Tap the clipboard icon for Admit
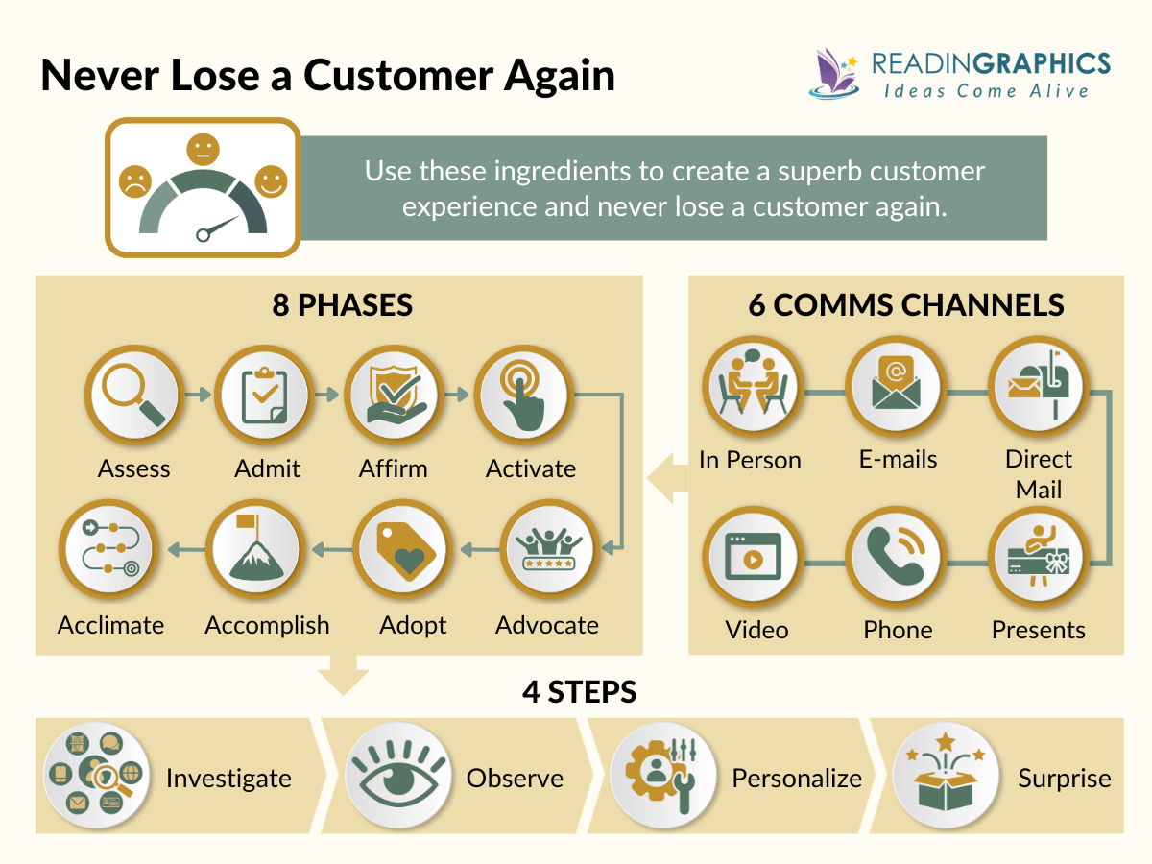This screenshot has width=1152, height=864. [x=262, y=395]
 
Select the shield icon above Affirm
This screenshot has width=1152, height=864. [x=393, y=395]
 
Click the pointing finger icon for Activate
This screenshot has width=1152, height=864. [x=523, y=395]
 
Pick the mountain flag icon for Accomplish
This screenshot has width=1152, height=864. [x=257, y=550]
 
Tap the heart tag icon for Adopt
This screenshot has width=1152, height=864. [x=402, y=550]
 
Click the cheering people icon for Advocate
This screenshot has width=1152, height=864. [x=547, y=550]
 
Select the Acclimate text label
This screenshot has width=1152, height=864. [x=110, y=625]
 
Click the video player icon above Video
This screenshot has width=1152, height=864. [x=750, y=555]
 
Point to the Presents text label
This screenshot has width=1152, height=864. [x=1038, y=630]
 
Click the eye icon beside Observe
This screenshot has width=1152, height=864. [x=395, y=776]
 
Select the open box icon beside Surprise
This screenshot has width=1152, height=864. [x=940, y=776]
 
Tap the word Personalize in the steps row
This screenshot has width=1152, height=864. [x=797, y=778]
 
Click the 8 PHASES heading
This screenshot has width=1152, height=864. [x=342, y=305]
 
